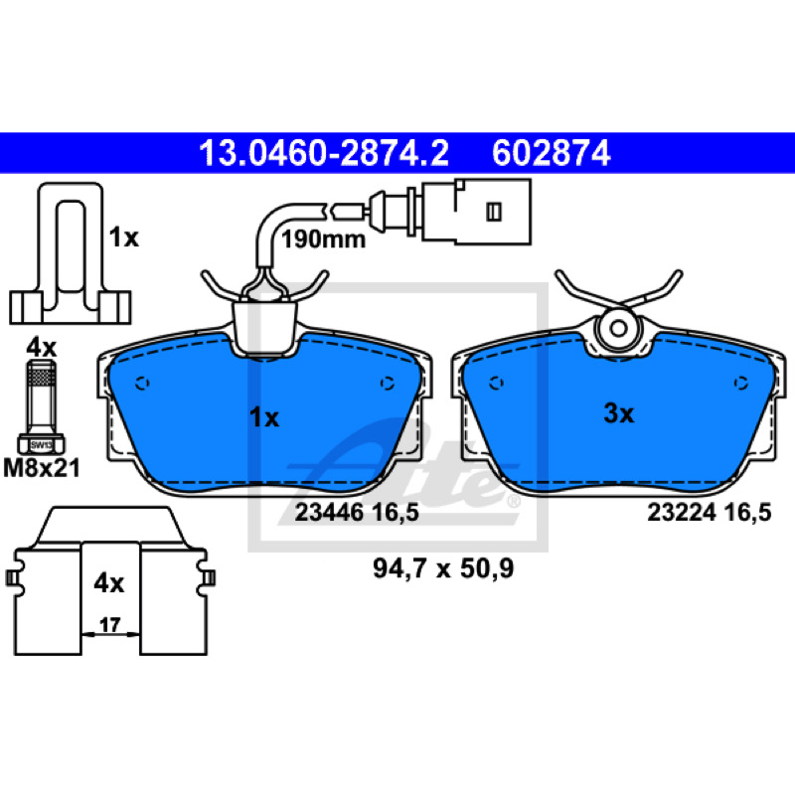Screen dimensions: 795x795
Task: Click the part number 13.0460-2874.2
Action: [324, 153]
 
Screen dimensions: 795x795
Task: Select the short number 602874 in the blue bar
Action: [552, 153]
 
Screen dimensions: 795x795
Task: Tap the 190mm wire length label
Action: [324, 239]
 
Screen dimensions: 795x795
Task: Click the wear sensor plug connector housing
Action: [477, 212]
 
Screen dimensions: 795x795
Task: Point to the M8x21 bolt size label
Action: [42, 468]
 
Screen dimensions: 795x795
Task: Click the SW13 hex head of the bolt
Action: [41, 444]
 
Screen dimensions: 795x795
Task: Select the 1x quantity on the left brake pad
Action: [264, 418]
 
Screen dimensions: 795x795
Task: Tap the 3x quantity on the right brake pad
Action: [618, 413]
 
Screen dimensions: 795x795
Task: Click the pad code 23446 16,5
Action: [357, 513]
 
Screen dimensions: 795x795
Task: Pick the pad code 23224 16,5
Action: [710, 513]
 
